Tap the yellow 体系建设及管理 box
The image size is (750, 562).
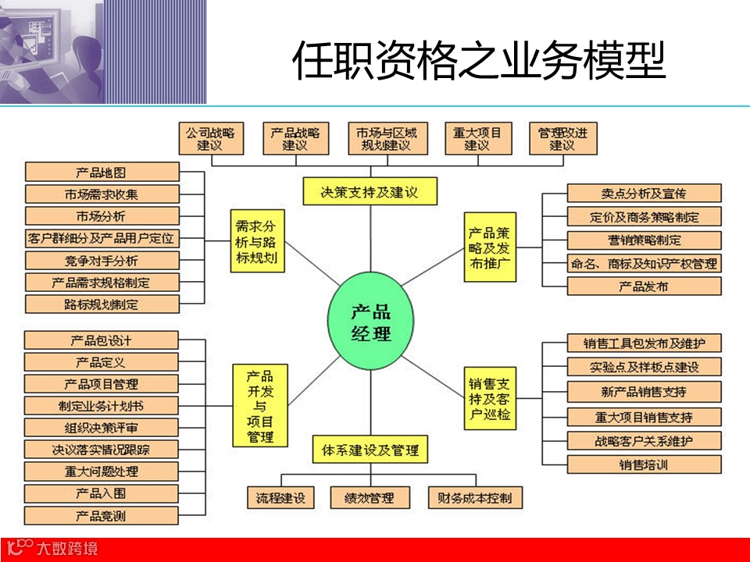tap(370, 450)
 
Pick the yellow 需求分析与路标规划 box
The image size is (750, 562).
tap(257, 241)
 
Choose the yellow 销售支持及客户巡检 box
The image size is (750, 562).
tap(491, 399)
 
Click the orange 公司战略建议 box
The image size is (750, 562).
tap(210, 139)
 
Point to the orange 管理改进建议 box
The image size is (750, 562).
tap(562, 139)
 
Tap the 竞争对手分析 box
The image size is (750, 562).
tap(102, 261)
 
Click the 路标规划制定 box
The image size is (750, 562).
tap(102, 304)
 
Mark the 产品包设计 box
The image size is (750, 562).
tap(102, 340)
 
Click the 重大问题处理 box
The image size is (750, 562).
tap(102, 471)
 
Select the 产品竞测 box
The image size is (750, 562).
tap(102, 515)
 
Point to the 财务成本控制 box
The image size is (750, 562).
tap(475, 497)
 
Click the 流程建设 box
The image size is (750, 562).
tap(280, 497)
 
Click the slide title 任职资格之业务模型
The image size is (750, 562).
tap(479, 61)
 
